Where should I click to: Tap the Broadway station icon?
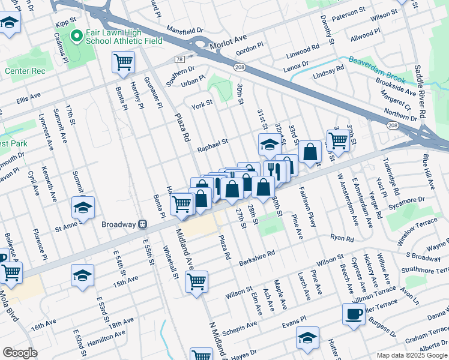[x=142, y=224]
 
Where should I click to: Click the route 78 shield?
[x=179, y=59]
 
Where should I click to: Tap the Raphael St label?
[x=213, y=143]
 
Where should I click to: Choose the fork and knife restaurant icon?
[x=273, y=170]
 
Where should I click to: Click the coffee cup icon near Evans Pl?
[x=353, y=314]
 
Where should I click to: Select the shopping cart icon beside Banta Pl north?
[x=123, y=61]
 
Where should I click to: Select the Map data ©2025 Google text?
[x=412, y=355]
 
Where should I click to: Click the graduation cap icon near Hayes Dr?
[x=307, y=340]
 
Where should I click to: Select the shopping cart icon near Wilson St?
[x=196, y=281]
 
